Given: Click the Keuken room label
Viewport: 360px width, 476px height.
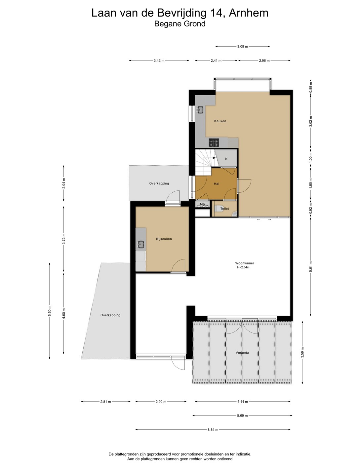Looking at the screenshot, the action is (x=220, y=121).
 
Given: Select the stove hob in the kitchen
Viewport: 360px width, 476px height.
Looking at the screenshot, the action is (x=214, y=143).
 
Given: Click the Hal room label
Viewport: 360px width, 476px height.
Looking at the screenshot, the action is (x=216, y=184).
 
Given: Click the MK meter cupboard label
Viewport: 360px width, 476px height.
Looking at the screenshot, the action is (x=202, y=204).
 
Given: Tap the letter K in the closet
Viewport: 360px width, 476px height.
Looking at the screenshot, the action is (x=226, y=159).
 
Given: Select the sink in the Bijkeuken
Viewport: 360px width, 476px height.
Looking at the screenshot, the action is (x=141, y=244).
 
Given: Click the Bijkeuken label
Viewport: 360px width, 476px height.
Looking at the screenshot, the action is (x=164, y=239).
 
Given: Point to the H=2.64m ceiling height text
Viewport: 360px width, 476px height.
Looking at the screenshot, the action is (x=243, y=267).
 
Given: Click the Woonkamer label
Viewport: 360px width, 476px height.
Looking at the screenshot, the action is (x=244, y=263).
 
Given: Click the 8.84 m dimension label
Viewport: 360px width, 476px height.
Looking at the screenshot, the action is (x=213, y=430).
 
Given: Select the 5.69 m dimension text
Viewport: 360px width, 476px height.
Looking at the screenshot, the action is (x=242, y=416).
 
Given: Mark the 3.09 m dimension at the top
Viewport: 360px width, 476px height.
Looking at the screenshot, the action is (x=242, y=46).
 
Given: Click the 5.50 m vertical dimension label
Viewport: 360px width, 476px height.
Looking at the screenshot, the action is (x=50, y=311).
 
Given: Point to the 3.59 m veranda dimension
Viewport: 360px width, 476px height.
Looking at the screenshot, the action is (x=302, y=353).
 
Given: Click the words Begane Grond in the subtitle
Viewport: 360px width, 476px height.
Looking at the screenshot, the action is (x=180, y=24).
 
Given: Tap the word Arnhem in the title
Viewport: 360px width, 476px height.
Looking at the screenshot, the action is (x=249, y=13).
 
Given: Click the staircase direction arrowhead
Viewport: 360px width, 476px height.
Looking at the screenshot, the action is (x=214, y=158).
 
